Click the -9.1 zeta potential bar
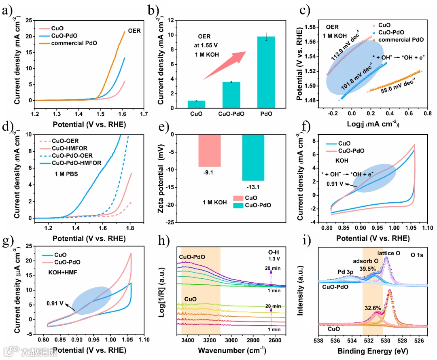[x=210, y=150]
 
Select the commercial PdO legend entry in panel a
[x=74, y=43]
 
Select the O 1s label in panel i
[x=417, y=255]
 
